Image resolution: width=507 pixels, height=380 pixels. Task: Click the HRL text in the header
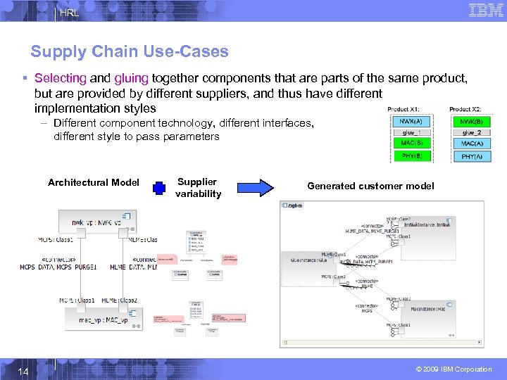[x=69, y=13]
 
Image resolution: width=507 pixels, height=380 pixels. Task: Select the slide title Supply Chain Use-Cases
[x=130, y=51]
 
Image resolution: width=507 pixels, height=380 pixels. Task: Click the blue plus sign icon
[x=159, y=188]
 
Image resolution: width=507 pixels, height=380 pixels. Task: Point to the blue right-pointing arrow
[x=254, y=187]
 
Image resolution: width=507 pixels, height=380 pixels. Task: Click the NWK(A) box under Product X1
[x=412, y=121]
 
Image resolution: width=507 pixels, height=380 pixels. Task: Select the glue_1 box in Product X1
[x=412, y=132]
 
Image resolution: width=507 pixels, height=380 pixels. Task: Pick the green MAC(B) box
[x=412, y=144]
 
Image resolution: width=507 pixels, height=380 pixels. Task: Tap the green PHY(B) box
[x=412, y=156]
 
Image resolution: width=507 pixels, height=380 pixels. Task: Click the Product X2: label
[x=465, y=109]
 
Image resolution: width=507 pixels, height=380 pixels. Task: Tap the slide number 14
[x=24, y=369]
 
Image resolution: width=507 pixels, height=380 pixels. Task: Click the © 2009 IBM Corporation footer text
[x=454, y=369]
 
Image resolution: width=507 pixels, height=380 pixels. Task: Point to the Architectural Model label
[x=94, y=183]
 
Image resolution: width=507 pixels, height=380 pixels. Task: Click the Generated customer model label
[x=370, y=186]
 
